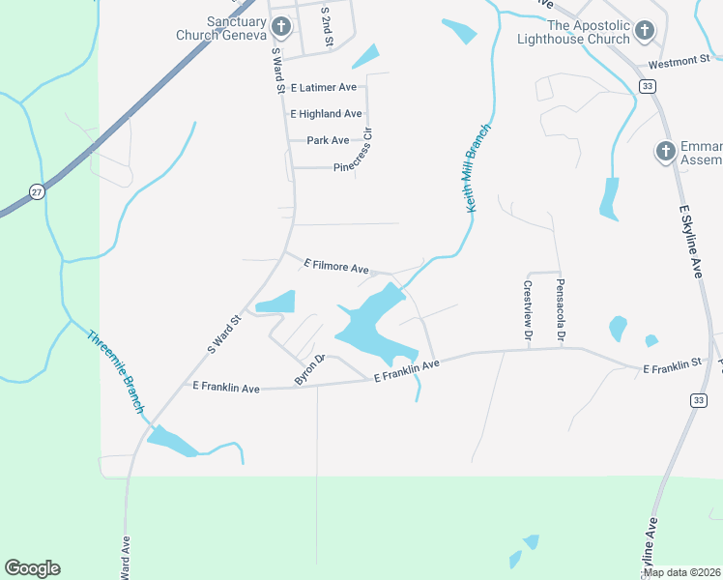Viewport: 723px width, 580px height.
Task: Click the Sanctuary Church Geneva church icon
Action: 281,27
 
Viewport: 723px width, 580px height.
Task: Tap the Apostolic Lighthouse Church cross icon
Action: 644,32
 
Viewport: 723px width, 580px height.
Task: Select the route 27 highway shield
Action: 36,190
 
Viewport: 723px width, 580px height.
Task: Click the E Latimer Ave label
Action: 322,87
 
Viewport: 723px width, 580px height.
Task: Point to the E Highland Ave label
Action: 326,114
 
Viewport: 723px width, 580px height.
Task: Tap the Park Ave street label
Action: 328,140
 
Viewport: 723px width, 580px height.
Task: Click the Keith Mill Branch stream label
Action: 478,168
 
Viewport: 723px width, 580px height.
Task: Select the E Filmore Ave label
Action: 337,266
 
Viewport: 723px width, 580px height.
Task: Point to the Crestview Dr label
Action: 528,310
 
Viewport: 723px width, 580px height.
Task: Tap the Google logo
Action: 32,568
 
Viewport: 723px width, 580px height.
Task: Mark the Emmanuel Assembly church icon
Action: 665,152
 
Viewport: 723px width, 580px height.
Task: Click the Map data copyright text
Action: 681,572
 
